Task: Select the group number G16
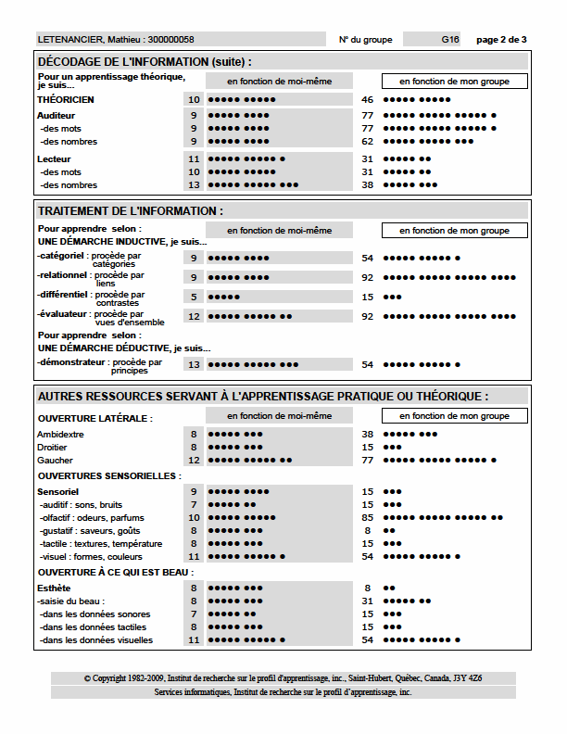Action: (450, 40)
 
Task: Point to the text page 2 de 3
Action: (501, 40)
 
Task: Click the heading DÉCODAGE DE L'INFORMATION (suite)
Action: (145, 61)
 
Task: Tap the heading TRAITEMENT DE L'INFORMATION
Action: (130, 211)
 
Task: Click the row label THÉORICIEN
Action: (66, 99)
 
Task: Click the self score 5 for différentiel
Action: (194, 297)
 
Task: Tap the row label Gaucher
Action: (55, 460)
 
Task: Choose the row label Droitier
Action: (54, 447)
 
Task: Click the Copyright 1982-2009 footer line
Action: (283, 678)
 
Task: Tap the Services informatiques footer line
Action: (283, 692)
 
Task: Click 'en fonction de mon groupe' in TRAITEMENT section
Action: (454, 230)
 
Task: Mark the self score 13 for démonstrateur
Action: (194, 364)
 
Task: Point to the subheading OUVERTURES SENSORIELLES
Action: (108, 475)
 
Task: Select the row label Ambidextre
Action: (60, 434)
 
